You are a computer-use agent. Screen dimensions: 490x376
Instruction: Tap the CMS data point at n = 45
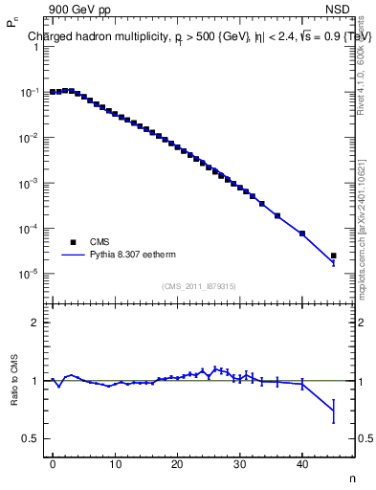pos(333,256)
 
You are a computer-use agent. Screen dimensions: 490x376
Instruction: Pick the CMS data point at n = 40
pos(302,234)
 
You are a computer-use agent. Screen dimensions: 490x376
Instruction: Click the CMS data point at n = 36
pos(277,215)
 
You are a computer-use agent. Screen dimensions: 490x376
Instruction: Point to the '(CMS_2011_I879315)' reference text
pos(199,286)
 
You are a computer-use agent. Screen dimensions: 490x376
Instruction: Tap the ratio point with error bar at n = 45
pos(333,411)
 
